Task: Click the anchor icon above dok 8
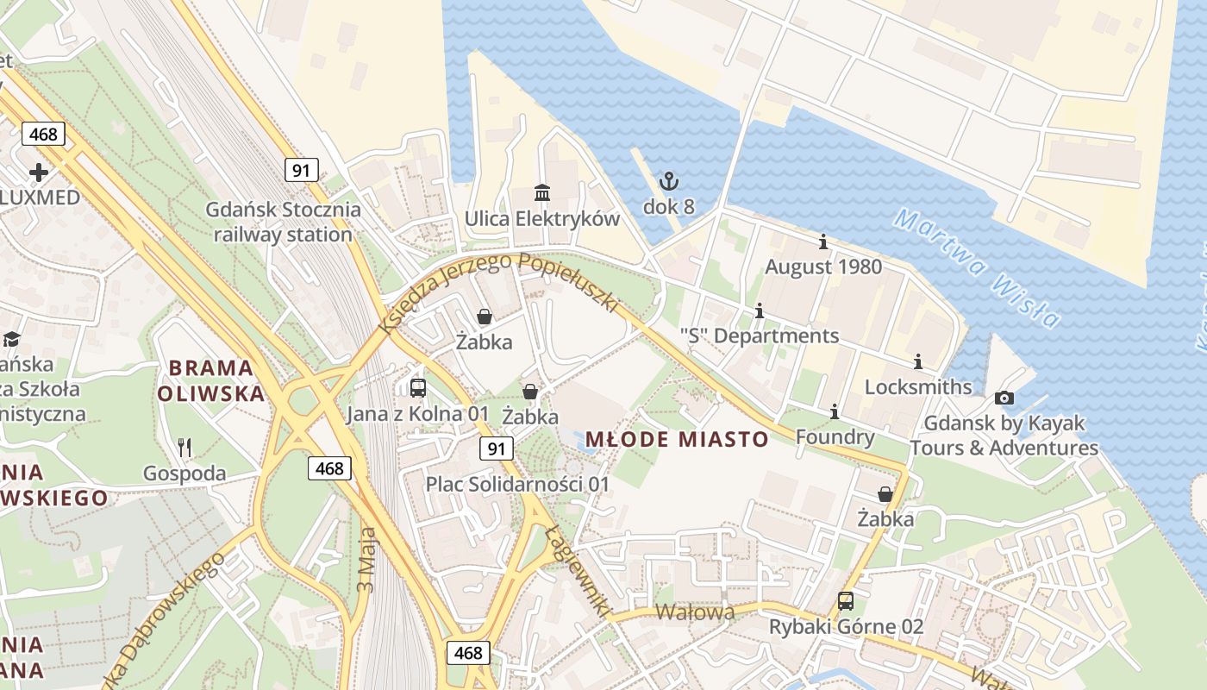pos(669,181)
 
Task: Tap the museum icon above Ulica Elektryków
pos(542,192)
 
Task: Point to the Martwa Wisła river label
pos(977,267)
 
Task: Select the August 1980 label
pos(823,267)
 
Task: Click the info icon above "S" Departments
pos(760,310)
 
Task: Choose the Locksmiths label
pos(917,386)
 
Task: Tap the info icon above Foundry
pos(834,412)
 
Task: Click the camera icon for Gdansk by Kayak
pos(1004,398)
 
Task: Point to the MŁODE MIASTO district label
pos(677,439)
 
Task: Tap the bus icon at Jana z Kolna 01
pos(418,387)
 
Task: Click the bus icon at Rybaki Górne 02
pos(846,600)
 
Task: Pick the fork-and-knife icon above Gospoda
pos(184,447)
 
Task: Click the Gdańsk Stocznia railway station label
pos(283,222)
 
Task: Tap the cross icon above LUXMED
pos(39,172)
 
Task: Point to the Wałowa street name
pos(695,612)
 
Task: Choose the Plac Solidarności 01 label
pos(517,484)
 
